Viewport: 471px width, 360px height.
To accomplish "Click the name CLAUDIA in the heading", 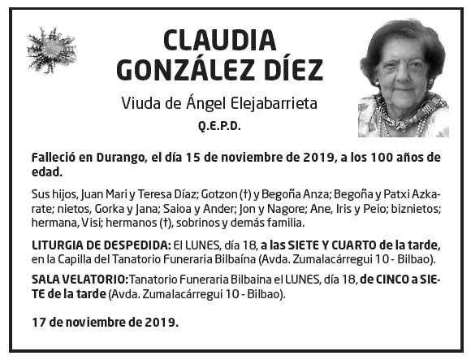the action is click(x=219, y=40).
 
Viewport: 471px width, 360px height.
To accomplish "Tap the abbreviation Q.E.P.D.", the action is click(x=219, y=127).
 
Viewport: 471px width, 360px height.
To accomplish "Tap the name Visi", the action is click(x=91, y=223).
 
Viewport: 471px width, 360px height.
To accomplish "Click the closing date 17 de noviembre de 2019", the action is click(x=105, y=321).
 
